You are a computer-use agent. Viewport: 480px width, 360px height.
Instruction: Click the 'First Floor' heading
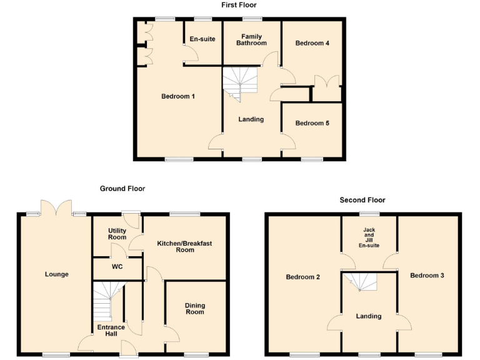tap(239, 5)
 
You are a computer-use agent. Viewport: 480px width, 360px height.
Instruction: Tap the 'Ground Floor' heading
tap(122, 188)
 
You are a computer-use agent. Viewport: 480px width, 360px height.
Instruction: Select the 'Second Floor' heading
tap(362, 200)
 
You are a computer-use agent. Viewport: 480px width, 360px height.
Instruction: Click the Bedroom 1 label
tap(178, 96)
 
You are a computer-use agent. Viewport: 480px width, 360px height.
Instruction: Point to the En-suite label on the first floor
tap(202, 39)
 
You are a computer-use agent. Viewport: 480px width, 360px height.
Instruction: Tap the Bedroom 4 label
tap(312, 43)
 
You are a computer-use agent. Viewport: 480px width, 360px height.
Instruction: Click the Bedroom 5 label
tap(312, 123)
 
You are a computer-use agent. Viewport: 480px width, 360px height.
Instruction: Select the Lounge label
tap(57, 274)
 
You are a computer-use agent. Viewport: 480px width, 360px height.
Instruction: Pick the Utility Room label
tap(117, 234)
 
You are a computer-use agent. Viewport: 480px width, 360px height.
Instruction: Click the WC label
tap(117, 267)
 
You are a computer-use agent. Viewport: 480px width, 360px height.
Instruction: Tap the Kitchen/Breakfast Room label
tap(184, 246)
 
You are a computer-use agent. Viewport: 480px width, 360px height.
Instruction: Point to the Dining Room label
tap(195, 309)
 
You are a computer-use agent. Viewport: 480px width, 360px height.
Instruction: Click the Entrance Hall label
tap(111, 330)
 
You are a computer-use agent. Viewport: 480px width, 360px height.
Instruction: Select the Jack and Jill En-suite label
tap(369, 238)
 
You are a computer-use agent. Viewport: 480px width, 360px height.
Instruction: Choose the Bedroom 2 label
tap(303, 277)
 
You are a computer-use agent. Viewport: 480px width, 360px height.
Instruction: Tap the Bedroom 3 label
tap(427, 275)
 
